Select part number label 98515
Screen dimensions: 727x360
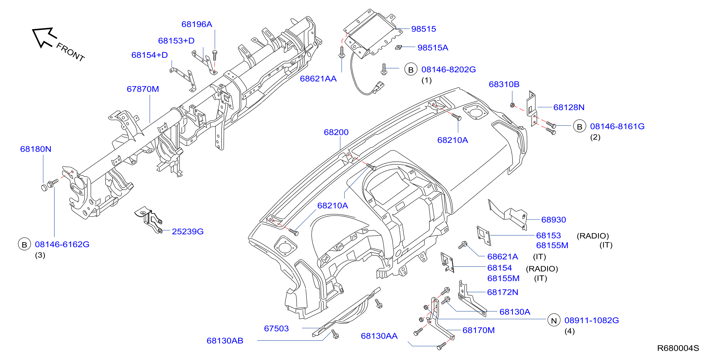pyautogui.click(x=423, y=29)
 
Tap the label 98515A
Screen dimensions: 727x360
pyautogui.click(x=433, y=48)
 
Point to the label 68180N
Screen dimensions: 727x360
pyautogui.click(x=36, y=149)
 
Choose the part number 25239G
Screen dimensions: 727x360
pyautogui.click(x=188, y=231)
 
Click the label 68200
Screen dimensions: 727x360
pyautogui.click(x=336, y=132)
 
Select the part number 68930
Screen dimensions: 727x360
pyautogui.click(x=554, y=220)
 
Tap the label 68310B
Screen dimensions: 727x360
pyautogui.click(x=504, y=84)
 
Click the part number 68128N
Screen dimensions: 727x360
pyautogui.click(x=569, y=107)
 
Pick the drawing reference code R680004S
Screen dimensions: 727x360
pyautogui.click(x=678, y=348)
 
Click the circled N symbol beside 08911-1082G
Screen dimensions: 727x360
pyautogui.click(x=554, y=320)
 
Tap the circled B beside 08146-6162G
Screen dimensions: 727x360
pyautogui.click(x=24, y=244)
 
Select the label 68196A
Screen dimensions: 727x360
pyautogui.click(x=197, y=24)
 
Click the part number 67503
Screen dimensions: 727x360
pyautogui.click(x=276, y=328)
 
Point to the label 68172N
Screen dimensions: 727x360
pyautogui.click(x=503, y=292)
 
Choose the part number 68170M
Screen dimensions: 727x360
pyautogui.click(x=479, y=330)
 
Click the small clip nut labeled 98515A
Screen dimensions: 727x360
pyautogui.click(x=398, y=47)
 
